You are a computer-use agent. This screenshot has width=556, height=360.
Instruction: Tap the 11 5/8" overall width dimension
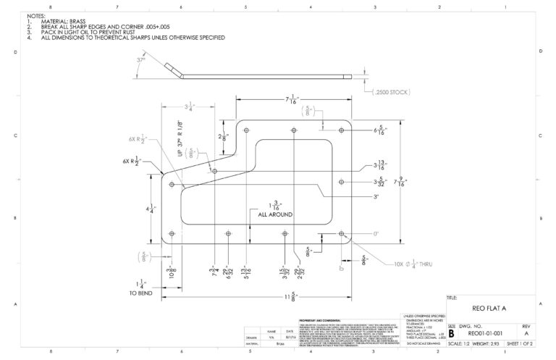tap(251, 297)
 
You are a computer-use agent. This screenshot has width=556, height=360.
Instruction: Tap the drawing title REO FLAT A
tap(491, 309)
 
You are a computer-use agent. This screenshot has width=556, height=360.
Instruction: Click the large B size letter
tap(452, 334)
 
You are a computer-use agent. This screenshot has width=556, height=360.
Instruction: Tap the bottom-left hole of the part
tap(172, 234)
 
